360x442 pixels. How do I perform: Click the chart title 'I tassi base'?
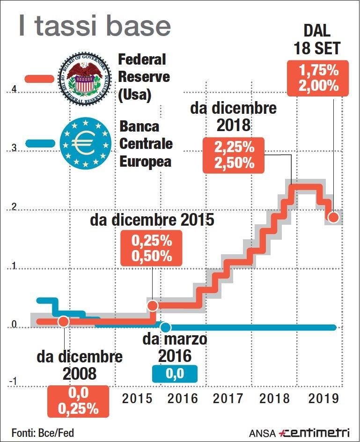94,27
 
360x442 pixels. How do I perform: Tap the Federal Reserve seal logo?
85,76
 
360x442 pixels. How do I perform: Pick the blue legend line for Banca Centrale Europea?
39,143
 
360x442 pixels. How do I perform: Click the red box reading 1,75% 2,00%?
319,79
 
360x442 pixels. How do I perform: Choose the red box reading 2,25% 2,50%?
234,155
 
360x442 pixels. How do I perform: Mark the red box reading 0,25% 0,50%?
151,249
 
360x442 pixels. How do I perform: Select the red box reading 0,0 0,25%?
78,401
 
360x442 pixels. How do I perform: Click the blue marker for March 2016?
165,327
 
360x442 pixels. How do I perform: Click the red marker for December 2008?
64,321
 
